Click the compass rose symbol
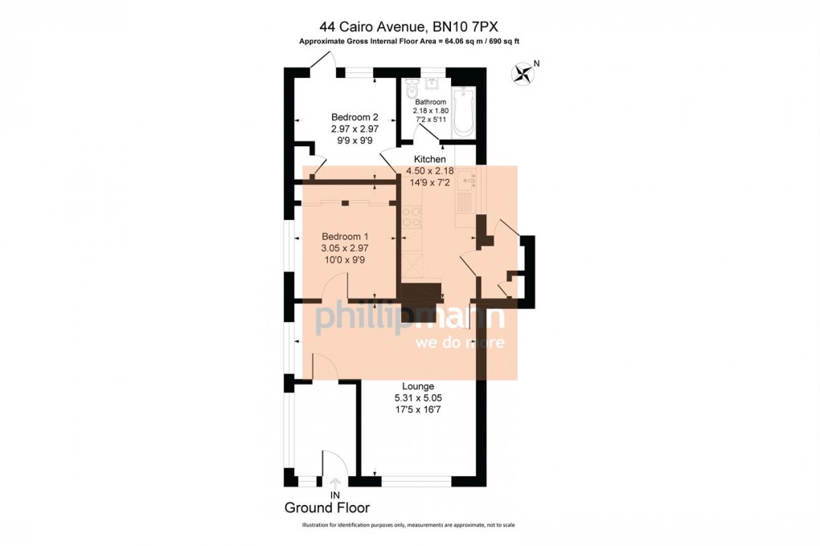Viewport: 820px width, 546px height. point(522,73)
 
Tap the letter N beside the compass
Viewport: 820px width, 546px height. point(536,63)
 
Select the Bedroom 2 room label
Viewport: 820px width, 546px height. point(355,117)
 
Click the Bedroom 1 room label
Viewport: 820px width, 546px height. point(345,237)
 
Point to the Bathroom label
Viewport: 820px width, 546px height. point(430,102)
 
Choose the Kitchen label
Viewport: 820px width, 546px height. point(430,159)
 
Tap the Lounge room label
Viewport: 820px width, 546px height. point(418,387)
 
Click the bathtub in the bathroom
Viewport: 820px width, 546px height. point(463,112)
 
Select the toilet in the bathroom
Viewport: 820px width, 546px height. point(412,90)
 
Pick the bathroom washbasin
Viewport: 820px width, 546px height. point(432,84)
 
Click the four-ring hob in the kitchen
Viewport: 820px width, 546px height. point(411,217)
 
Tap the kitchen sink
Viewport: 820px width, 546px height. point(466,181)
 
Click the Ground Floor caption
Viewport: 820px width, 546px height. point(327,507)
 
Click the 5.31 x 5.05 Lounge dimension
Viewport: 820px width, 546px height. point(418,398)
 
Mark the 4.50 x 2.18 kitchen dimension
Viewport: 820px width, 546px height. point(430,171)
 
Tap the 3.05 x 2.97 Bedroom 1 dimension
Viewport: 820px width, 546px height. point(345,248)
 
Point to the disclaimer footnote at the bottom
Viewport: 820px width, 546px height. point(408,525)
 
